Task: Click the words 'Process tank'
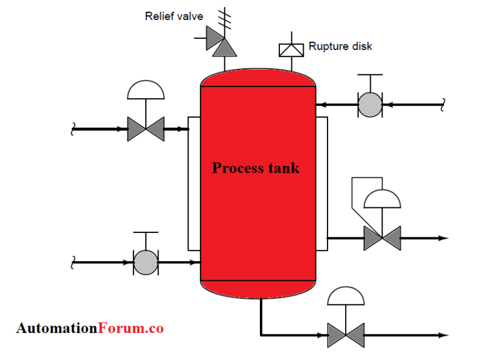(256, 168)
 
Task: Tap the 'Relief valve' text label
(174, 16)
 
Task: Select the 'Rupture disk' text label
(341, 46)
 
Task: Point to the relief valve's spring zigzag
(223, 18)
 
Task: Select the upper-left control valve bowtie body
(146, 129)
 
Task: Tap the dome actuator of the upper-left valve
(146, 90)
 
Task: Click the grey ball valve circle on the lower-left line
(146, 262)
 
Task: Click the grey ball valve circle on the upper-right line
(370, 105)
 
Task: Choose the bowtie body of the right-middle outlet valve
(382, 238)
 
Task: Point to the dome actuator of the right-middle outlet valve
(382, 199)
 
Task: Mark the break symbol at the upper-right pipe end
(443, 105)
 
